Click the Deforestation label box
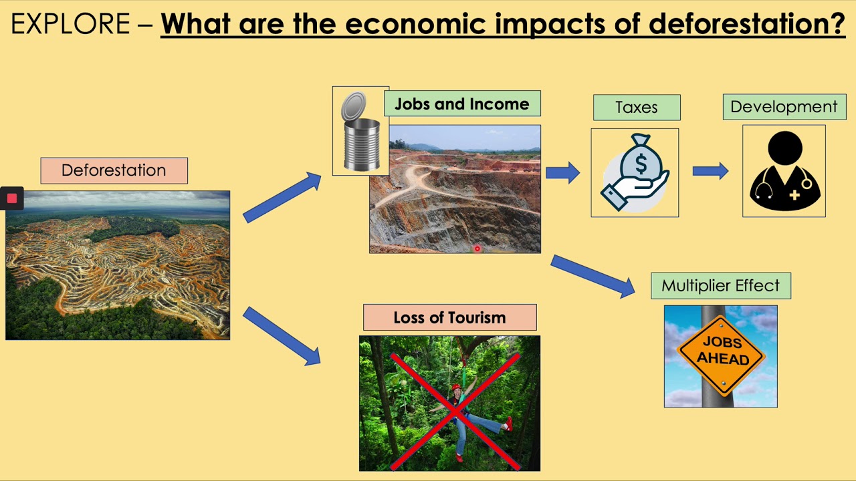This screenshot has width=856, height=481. click(114, 170)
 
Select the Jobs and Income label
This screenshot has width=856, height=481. click(461, 104)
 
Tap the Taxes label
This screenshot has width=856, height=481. click(636, 108)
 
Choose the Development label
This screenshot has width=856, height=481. click(784, 107)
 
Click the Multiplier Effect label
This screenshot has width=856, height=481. click(720, 286)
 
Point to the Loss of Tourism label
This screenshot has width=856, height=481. click(449, 317)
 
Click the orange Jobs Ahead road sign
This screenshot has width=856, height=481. click(722, 351)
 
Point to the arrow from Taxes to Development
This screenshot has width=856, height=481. click(710, 172)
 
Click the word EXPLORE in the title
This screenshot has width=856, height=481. click(70, 25)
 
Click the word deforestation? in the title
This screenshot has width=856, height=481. click(746, 25)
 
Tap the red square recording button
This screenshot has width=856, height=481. click(11, 198)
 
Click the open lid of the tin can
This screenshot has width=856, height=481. click(354, 107)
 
